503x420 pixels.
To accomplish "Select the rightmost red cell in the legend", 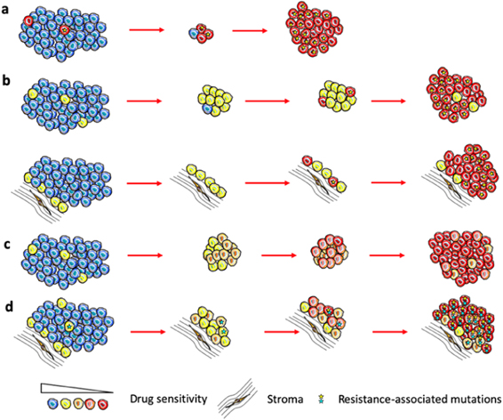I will pyautogui.click(x=107, y=406).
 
